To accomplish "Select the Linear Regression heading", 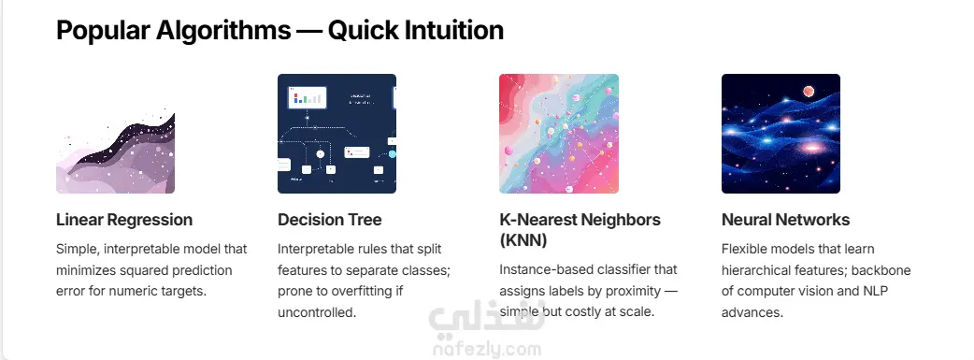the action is click(x=124, y=220).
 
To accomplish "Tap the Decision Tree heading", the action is click(x=329, y=220).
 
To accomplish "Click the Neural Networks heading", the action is click(x=785, y=220).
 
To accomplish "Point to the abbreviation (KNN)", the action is click(x=523, y=240).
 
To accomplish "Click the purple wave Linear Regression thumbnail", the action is click(x=116, y=150).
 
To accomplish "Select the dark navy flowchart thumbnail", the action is click(x=337, y=134).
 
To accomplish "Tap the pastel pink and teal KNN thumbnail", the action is click(x=559, y=134).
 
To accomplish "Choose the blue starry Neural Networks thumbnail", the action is click(x=781, y=134).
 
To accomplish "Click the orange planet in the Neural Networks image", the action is click(x=809, y=92).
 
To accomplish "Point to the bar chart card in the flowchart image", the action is click(x=308, y=96).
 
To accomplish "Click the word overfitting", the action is click(x=354, y=291).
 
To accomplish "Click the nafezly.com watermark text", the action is click(x=486, y=350).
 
